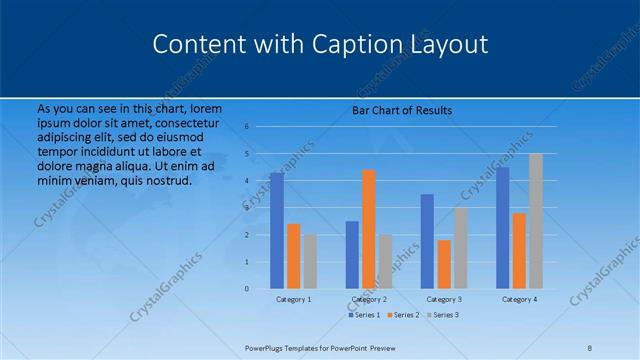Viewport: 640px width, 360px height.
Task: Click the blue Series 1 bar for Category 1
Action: [x=276, y=231]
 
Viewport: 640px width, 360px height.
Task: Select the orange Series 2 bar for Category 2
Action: [x=368, y=229]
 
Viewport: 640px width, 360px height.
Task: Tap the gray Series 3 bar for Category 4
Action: [x=536, y=221]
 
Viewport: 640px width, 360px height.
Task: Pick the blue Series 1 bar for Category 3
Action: [x=427, y=241]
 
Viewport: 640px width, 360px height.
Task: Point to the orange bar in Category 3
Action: [x=444, y=264]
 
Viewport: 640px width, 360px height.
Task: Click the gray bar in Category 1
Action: [x=310, y=262]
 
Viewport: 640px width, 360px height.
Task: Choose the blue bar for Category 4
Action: [x=502, y=228]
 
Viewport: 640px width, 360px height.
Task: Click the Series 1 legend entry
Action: [x=364, y=315]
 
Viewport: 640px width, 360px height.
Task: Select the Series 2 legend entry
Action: [x=402, y=315]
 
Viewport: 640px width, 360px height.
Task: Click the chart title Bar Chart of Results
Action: [x=402, y=110]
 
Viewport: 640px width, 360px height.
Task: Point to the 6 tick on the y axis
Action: [x=260, y=127]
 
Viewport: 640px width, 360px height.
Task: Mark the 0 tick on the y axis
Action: [x=260, y=289]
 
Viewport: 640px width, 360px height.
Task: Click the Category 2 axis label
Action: [x=369, y=299]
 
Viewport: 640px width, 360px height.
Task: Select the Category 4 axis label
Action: [x=519, y=299]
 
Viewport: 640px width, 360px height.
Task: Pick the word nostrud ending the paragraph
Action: [x=166, y=180]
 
